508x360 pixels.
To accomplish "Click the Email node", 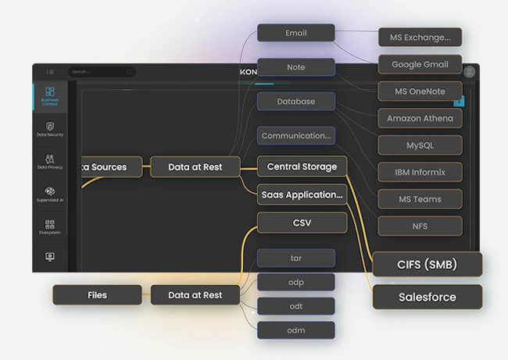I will pos(296,33).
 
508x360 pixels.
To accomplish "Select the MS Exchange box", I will pos(420,37).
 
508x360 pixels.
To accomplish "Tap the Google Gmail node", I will pos(420,64).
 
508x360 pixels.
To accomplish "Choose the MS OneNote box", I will pos(420,91).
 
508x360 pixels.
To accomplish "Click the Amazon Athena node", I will pos(420,119).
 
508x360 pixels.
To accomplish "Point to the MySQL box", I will pos(420,145).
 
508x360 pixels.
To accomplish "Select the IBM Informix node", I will pos(420,172).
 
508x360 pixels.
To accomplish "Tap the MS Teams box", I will pos(420,199).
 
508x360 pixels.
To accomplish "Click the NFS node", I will pos(420,226).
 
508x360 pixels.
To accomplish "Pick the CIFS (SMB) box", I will pos(427,264).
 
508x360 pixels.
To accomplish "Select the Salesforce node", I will pos(427,297).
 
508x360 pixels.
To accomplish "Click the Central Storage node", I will pos(302,166).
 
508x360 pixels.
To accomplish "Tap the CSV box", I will pos(302,223).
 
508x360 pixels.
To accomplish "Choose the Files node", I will pos(97,295).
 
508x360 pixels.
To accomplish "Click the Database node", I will pos(296,102).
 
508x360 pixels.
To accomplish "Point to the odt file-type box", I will pos(296,306).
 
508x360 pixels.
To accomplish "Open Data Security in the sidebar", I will pos(50,129).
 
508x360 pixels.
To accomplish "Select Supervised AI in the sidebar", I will pos(50,194).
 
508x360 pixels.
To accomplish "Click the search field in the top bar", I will pos(102,72).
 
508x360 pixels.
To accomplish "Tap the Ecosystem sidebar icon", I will pos(50,226).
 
